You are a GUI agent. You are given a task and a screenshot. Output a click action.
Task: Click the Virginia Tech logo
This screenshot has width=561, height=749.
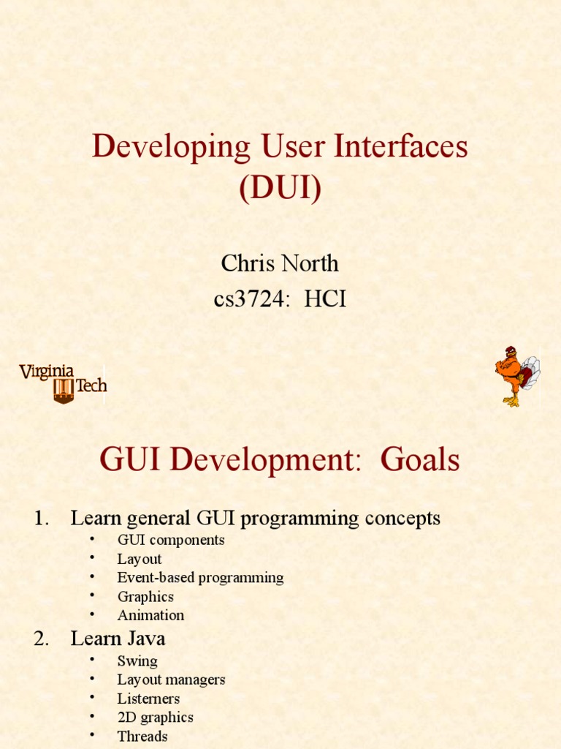63,383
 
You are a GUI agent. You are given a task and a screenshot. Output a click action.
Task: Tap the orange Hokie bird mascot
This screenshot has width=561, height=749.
517,377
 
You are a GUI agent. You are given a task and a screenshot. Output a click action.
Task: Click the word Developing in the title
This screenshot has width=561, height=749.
171,146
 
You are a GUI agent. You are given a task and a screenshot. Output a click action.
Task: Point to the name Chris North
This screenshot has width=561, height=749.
280,263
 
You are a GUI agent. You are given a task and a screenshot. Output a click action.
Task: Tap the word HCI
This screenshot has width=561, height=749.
325,299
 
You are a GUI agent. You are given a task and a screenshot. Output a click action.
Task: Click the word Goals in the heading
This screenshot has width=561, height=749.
420,459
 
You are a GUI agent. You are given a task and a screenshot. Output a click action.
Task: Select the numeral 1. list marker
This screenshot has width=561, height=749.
42,519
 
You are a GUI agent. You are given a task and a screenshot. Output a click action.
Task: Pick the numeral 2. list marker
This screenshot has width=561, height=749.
42,639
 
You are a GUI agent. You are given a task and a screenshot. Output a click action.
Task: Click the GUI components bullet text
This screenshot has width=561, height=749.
171,540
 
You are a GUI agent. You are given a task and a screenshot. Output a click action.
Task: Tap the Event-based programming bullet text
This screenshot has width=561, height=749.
200,578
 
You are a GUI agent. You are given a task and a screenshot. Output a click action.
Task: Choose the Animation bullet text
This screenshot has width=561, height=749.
150,615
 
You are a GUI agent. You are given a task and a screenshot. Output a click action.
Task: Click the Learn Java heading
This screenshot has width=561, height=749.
118,639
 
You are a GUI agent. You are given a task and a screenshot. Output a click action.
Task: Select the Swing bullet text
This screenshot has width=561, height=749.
137,661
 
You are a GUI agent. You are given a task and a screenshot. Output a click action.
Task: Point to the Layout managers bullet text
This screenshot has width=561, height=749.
171,680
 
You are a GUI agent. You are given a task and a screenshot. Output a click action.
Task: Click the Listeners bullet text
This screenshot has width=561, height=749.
148,699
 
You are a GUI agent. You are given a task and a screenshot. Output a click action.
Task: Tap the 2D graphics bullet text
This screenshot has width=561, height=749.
156,718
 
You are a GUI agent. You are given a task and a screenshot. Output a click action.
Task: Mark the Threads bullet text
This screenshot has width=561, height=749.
142,737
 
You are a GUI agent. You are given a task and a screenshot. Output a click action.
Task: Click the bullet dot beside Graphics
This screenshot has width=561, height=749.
92,595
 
